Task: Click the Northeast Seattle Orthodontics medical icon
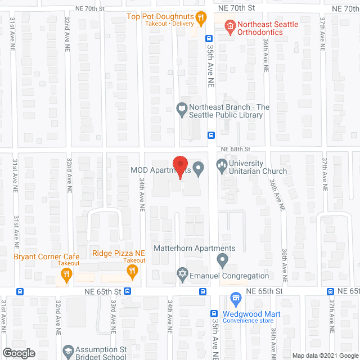[x=229, y=25]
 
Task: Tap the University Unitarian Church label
[x=258, y=168]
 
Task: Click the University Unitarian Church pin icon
[x=221, y=167]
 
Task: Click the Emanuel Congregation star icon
[x=182, y=276]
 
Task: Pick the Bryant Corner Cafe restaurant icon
[x=66, y=274]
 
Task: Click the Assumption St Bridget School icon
[x=68, y=352]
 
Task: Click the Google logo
[x=18, y=353]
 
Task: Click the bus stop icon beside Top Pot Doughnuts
[x=209, y=39]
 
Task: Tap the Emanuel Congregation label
[x=229, y=276]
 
